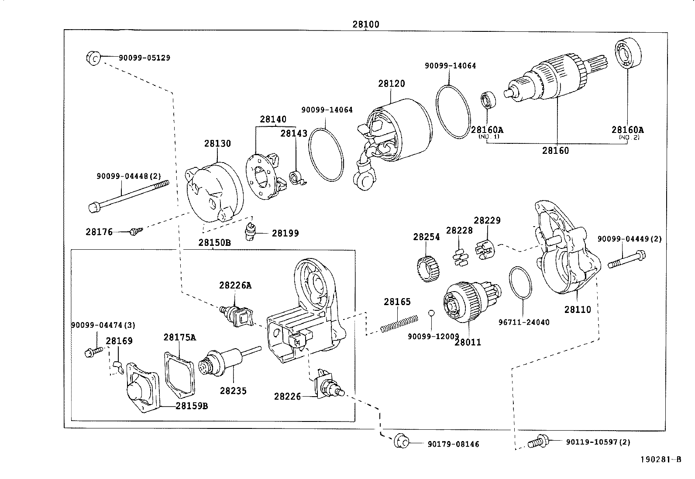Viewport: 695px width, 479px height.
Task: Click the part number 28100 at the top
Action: click(366, 24)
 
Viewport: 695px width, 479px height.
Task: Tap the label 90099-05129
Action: click(145, 58)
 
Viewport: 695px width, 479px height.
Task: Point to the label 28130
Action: click(217, 143)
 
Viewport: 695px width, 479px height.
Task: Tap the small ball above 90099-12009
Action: click(431, 313)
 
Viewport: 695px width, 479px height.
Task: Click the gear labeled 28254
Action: click(427, 268)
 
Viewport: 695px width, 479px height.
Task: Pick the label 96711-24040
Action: click(523, 322)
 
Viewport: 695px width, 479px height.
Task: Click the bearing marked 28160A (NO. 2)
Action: click(628, 54)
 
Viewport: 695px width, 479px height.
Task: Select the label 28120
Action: click(392, 83)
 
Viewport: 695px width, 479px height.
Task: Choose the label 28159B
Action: click(192, 406)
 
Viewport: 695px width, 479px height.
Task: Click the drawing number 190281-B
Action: click(661, 459)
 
